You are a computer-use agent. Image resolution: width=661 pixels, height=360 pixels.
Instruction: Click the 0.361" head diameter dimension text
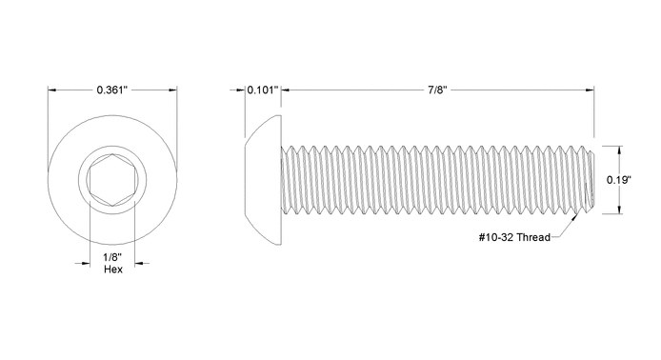coord(112,90)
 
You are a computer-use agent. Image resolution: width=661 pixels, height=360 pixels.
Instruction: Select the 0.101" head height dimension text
coord(261,90)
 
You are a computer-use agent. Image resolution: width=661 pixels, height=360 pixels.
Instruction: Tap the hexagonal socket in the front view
coord(112,179)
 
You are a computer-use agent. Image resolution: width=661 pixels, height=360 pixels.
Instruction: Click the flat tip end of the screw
coord(593,179)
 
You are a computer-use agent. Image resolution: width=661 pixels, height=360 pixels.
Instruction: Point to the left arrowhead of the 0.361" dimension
coord(52,90)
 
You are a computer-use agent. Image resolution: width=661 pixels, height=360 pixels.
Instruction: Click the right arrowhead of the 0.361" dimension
coord(172,90)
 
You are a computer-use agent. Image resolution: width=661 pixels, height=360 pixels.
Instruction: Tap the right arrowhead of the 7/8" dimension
coord(591,90)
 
